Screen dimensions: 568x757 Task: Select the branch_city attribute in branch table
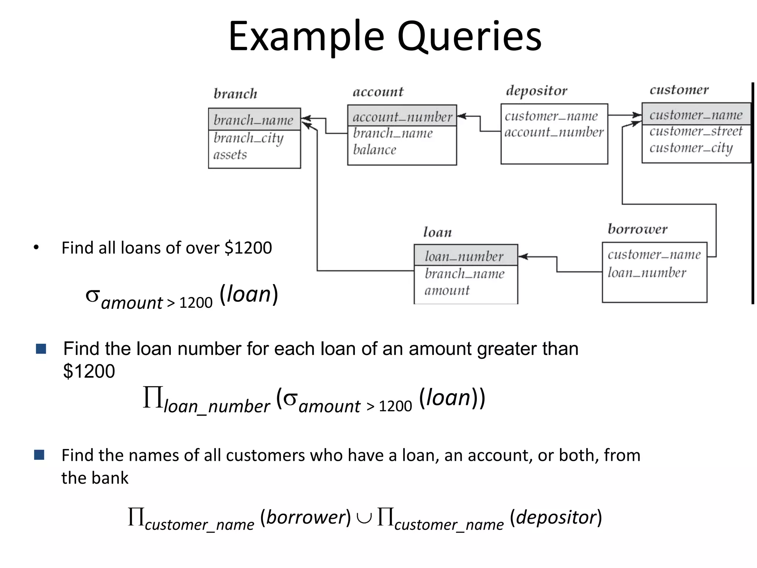pyautogui.click(x=248, y=138)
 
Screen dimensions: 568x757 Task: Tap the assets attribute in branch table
pyautogui.click(x=230, y=155)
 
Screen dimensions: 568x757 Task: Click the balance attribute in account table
pyautogui.click(x=374, y=150)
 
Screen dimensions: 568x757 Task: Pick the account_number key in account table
pyautogui.click(x=402, y=117)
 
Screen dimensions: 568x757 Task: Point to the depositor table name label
pyautogui.click(x=536, y=91)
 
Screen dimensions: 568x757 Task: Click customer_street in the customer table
pyautogui.click(x=696, y=131)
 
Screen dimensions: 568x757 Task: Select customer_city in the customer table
pyautogui.click(x=690, y=148)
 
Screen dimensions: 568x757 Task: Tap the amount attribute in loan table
pyautogui.click(x=447, y=291)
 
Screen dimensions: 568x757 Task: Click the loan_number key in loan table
pyautogui.click(x=464, y=256)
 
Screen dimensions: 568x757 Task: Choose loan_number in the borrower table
pyautogui.click(x=646, y=273)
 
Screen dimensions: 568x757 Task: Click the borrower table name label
pyautogui.click(x=637, y=229)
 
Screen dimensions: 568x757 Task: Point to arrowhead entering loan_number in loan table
pyautogui.click(x=523, y=257)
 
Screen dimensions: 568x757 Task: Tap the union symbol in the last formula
pyautogui.click(x=364, y=518)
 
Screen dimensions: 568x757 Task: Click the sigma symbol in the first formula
pyautogui.click(x=92, y=296)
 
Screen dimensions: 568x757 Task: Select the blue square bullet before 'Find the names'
pyautogui.click(x=39, y=454)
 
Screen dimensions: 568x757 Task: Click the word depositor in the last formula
pyautogui.click(x=556, y=517)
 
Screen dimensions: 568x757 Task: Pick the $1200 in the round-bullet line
pyautogui.click(x=248, y=248)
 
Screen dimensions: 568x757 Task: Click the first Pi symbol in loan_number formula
pyautogui.click(x=153, y=398)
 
